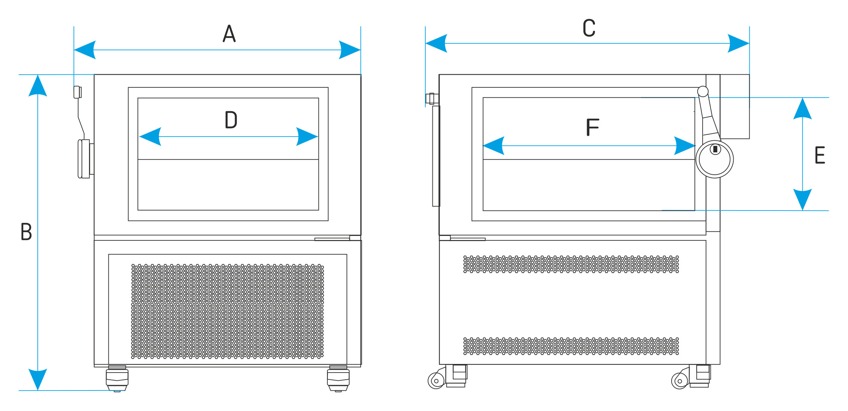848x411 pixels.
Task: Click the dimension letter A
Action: point(229,34)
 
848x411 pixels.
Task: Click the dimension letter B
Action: point(26,231)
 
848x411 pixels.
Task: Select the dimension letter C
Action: point(589,28)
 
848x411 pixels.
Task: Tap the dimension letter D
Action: point(231,120)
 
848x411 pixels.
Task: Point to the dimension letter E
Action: point(820,155)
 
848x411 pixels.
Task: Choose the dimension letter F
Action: point(592,127)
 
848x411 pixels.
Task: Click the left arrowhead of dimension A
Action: point(84,50)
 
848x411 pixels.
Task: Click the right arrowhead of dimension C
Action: point(738,43)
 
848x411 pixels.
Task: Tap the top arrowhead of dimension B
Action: point(38,86)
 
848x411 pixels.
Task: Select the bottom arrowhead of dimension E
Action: point(802,200)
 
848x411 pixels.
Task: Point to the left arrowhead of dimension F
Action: point(493,146)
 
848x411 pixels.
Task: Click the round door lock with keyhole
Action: point(715,159)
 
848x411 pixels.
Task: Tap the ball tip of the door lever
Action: point(703,91)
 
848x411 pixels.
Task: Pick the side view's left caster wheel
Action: point(436,381)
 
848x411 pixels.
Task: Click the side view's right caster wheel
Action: point(679,381)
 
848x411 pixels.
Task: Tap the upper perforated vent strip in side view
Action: point(571,264)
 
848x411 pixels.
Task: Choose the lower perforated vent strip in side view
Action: point(571,346)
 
